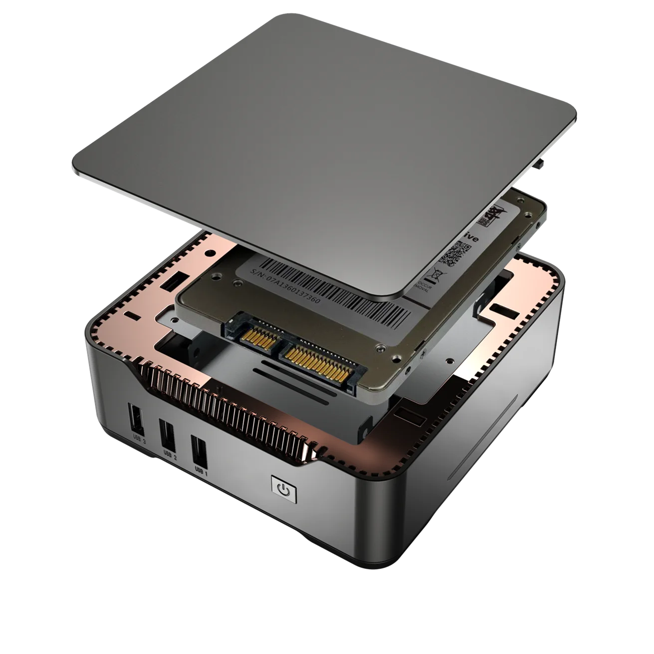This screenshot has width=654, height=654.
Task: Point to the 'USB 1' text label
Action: pyautogui.click(x=201, y=471)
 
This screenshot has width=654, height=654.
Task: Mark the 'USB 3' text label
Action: pyautogui.click(x=139, y=437)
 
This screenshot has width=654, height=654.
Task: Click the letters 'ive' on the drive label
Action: pyautogui.click(x=470, y=238)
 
